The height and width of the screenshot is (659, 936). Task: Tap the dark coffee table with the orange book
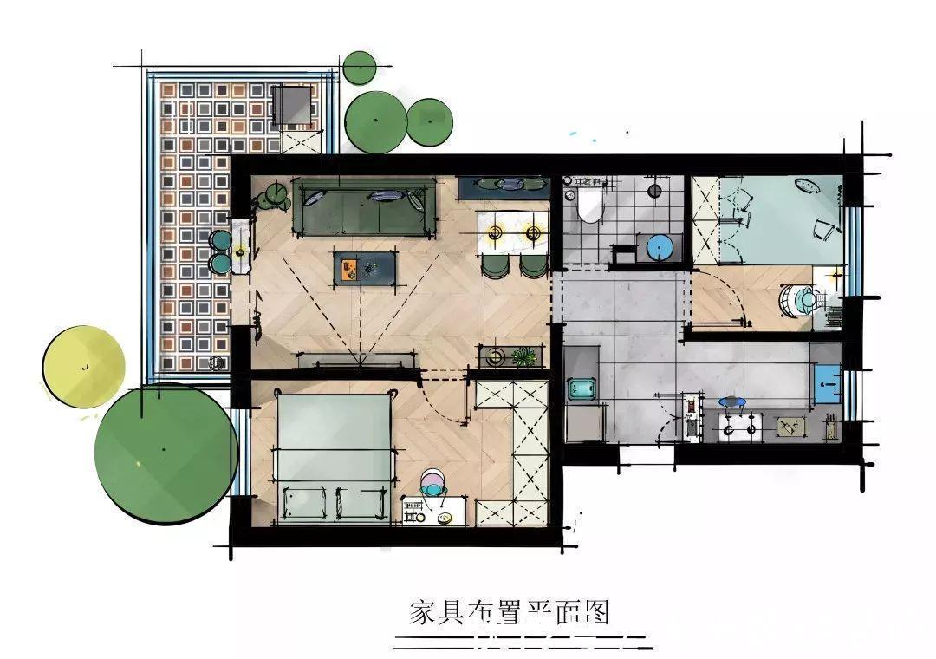coord(366,268)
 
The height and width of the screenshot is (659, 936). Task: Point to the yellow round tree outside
coord(83,366)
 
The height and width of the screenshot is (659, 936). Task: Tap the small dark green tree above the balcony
coord(359,68)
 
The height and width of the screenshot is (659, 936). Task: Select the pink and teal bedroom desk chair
coord(434,483)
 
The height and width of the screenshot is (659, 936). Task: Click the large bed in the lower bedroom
coord(333,456)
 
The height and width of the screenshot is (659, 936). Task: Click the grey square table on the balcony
coord(292,106)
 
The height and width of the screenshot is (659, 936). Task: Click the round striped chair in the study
coord(798,299)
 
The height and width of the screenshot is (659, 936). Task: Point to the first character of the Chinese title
coord(422,614)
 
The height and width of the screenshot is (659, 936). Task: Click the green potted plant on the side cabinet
coord(525,356)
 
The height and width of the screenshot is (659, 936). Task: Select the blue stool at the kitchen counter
coord(731,402)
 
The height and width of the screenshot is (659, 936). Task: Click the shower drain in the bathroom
coord(655,191)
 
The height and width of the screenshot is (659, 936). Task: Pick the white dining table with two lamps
coord(513,232)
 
